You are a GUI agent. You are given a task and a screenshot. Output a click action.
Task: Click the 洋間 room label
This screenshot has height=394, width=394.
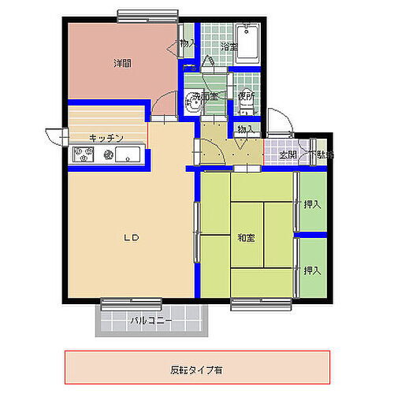pos(121,63)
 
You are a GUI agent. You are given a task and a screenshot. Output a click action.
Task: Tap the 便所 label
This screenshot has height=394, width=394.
pos(246,96)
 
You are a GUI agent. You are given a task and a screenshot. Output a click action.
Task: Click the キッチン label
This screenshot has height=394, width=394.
pos(106,138)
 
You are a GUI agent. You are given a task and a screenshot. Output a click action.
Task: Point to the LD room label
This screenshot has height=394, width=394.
pos(131,237)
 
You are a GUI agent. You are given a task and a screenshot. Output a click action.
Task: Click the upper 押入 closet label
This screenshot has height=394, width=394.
pos(312,205)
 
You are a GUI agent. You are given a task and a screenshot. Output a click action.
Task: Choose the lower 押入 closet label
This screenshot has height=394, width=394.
pos(312,270)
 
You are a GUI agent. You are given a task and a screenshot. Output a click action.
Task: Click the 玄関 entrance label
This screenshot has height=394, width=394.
pos(288,154)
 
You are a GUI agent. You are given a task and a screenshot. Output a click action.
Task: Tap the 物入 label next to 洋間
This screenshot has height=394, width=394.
pos(188,44)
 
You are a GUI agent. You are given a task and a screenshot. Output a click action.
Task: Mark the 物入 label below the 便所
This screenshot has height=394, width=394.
pos(245,129)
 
